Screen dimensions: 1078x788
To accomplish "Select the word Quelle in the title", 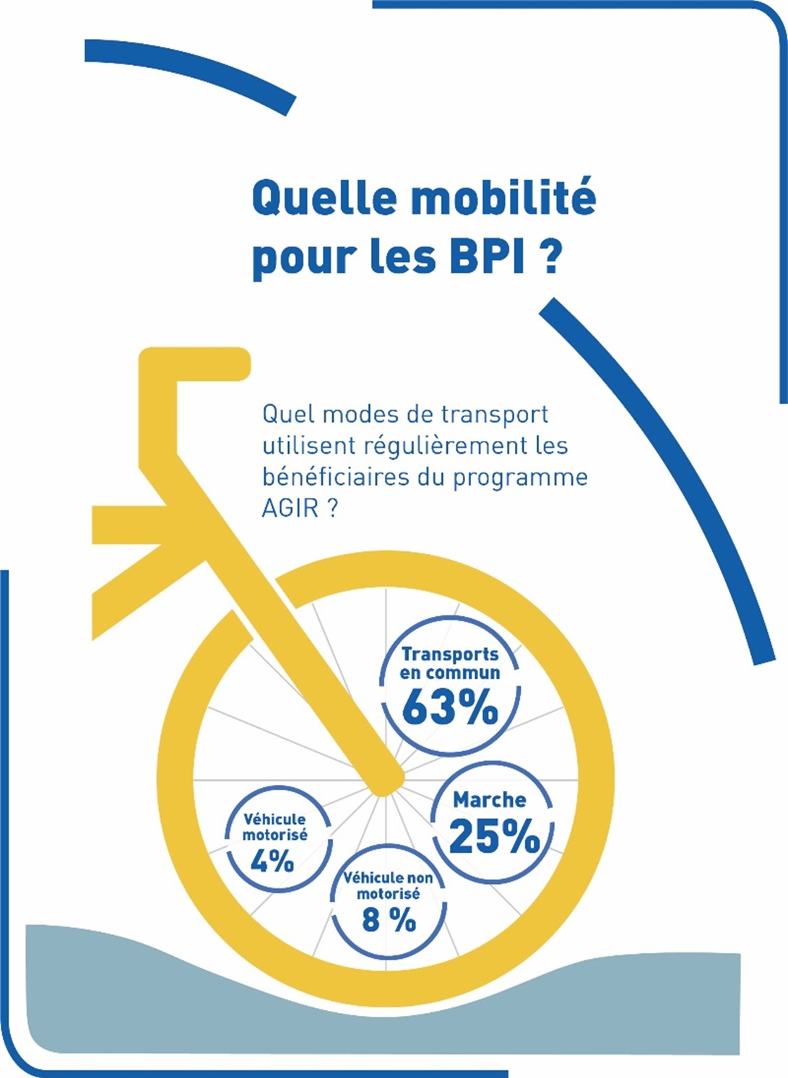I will click(325, 198).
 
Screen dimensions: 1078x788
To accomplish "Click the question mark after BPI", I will click(550, 256).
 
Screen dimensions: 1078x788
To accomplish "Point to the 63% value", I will click(450, 707).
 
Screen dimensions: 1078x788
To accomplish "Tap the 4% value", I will click(272, 861).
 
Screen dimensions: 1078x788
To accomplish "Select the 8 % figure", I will click(389, 920).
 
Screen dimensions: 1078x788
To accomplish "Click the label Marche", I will click(490, 799).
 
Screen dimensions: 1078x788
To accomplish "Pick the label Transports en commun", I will click(450, 663).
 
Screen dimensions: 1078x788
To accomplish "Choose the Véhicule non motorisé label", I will click(389, 885).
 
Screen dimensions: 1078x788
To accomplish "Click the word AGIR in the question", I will click(290, 508).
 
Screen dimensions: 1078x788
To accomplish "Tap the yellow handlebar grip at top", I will click(195, 363).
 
